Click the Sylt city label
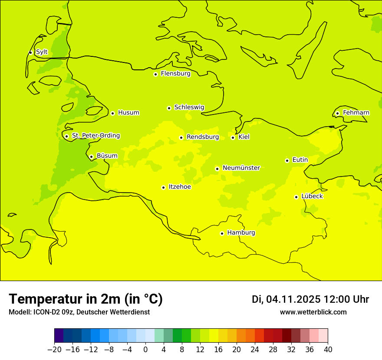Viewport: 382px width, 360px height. (42, 52)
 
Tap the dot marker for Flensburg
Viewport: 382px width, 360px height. (155, 74)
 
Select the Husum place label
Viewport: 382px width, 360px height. (128, 113)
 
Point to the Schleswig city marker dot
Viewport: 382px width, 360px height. (169, 108)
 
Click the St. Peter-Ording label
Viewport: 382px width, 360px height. (95, 136)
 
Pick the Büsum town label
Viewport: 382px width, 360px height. (107, 156)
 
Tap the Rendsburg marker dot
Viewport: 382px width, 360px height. (181, 138)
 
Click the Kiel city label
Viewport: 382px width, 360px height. (244, 137)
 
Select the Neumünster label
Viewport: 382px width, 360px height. (241, 168)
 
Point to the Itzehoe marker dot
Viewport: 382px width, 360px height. (163, 188)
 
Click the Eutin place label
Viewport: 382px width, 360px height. (300, 160)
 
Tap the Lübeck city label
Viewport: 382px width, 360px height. (312, 196)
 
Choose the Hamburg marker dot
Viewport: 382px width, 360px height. (222, 233)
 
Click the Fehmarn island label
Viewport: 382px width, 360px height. (356, 113)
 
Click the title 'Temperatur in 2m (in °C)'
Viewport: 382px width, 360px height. (86, 299)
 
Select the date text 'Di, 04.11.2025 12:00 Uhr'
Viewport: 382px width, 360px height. (310, 299)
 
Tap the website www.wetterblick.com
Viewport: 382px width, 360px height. (313, 312)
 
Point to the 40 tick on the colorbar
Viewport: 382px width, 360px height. (328, 349)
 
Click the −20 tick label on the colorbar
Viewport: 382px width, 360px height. (54, 349)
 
